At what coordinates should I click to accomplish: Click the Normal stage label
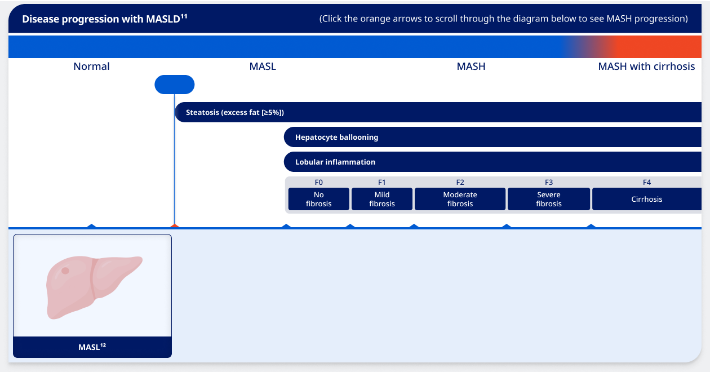[91, 67]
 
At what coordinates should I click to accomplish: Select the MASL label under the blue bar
[263, 67]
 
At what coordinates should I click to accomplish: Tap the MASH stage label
[471, 67]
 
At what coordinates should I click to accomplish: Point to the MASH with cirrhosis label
[646, 67]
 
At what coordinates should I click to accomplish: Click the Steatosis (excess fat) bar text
[235, 113]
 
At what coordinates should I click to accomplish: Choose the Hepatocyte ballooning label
[336, 138]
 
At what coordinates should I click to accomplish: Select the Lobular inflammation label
[335, 162]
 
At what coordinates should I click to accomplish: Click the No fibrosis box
[319, 199]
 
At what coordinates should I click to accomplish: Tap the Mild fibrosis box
[382, 199]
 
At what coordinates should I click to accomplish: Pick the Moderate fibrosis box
[460, 199]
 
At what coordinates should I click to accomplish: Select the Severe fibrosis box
[549, 199]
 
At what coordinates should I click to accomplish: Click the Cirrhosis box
[647, 199]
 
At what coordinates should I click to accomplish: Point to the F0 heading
[319, 182]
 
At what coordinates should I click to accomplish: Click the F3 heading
[549, 182]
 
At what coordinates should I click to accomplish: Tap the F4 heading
[647, 182]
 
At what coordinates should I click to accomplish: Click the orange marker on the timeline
[175, 226]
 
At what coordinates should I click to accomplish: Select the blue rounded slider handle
[175, 85]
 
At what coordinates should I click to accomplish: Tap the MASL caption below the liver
[92, 347]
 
